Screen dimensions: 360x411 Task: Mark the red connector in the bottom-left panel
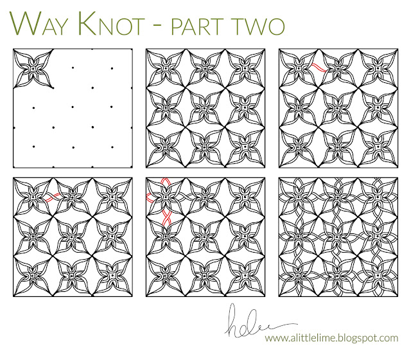tap(52, 197)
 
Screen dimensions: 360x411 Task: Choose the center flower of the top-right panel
tap(337, 109)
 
